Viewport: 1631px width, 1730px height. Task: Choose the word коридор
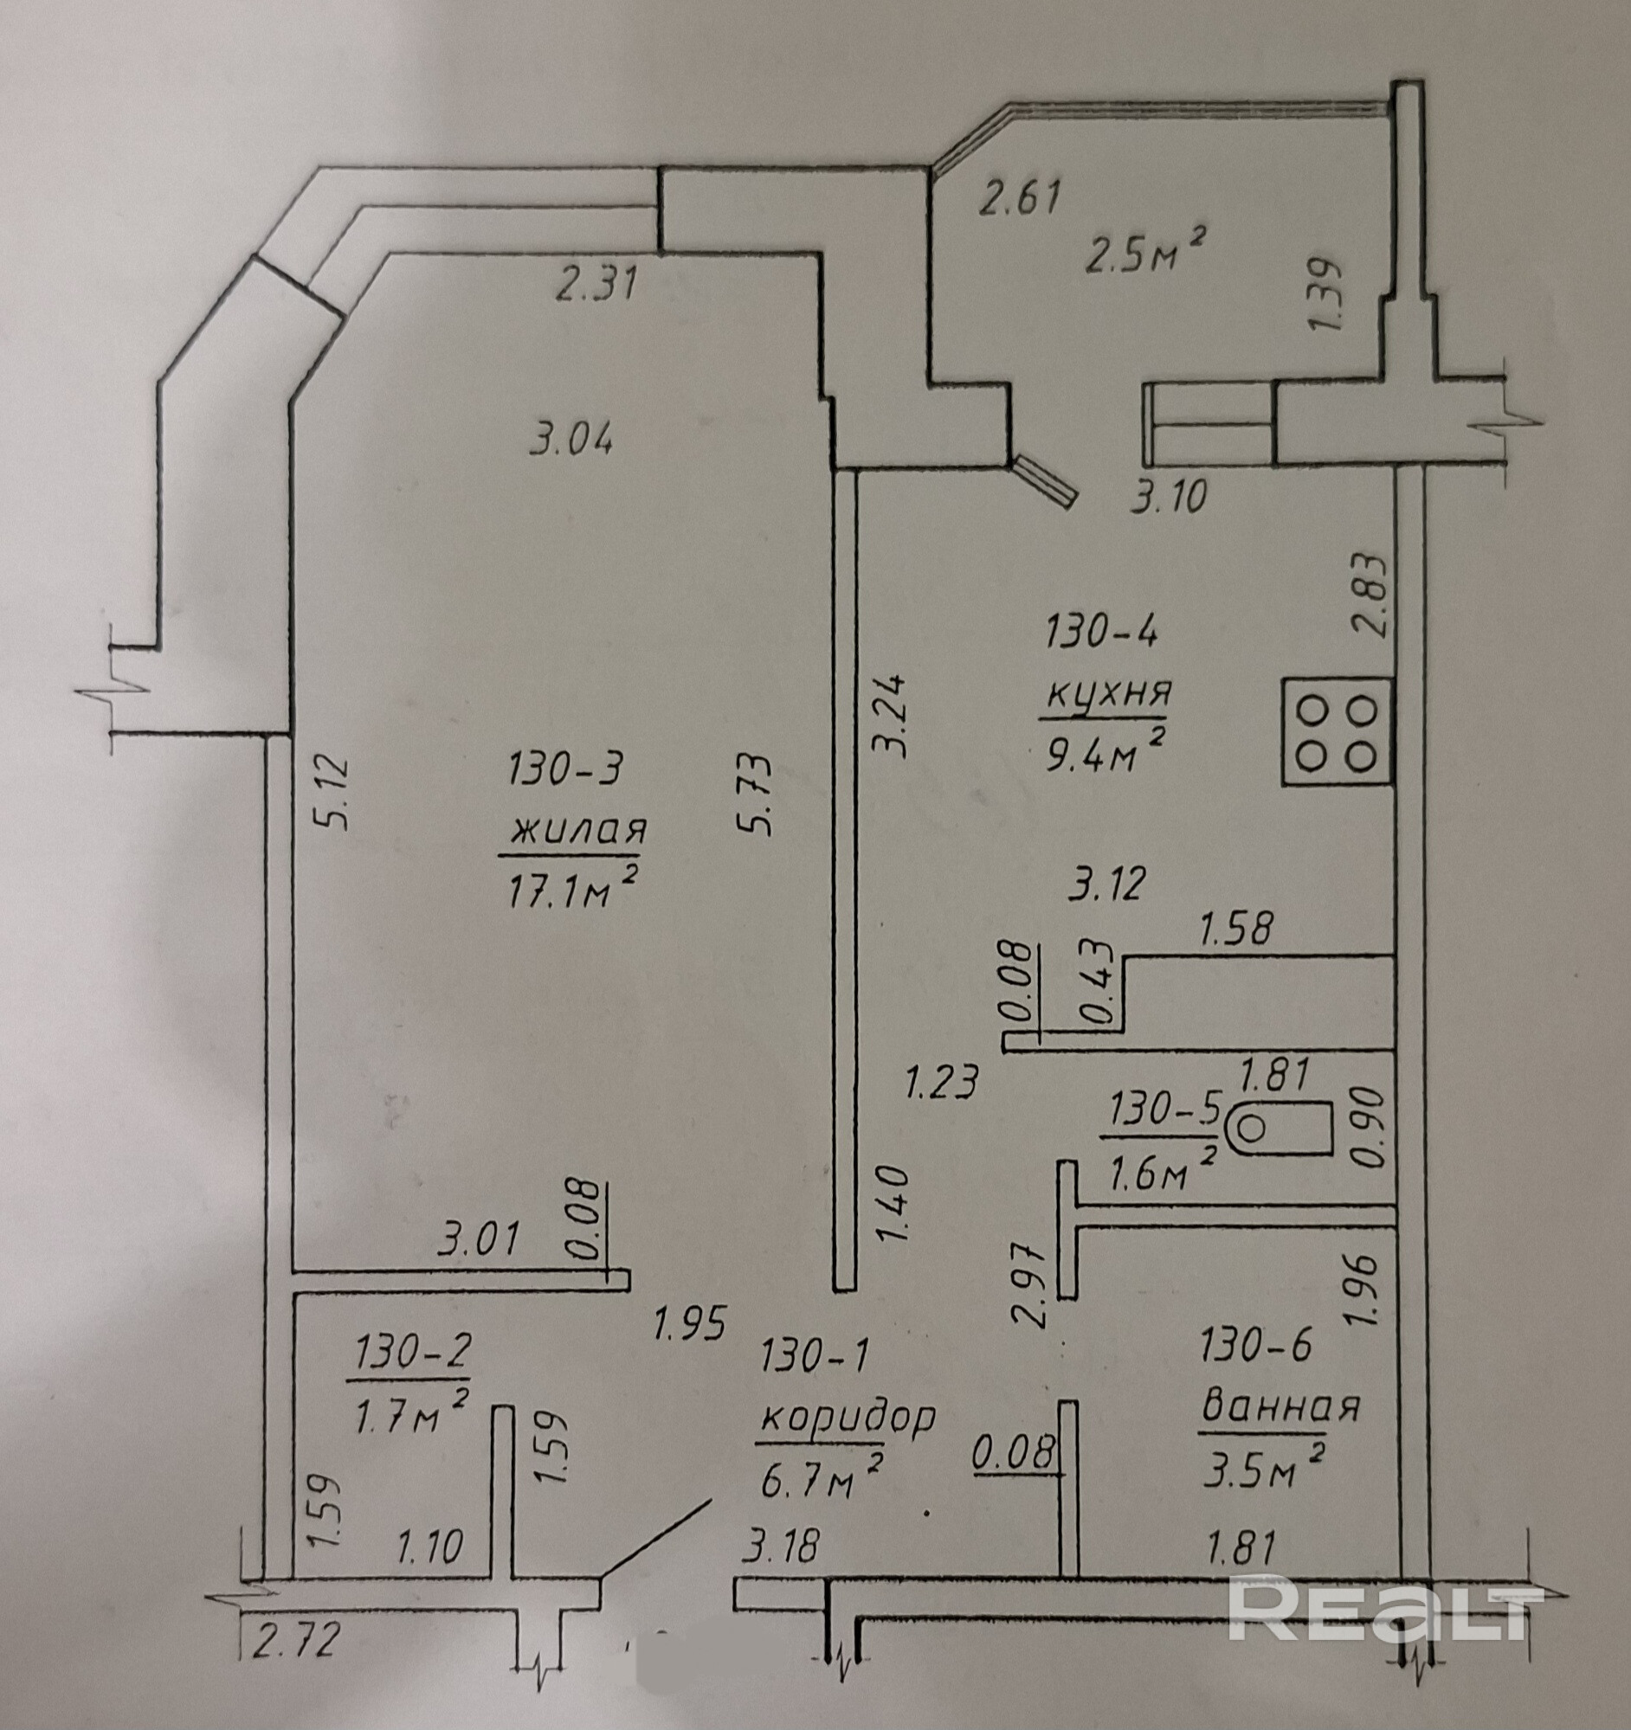coord(848,1418)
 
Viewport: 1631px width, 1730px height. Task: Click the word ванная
coord(1280,1408)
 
